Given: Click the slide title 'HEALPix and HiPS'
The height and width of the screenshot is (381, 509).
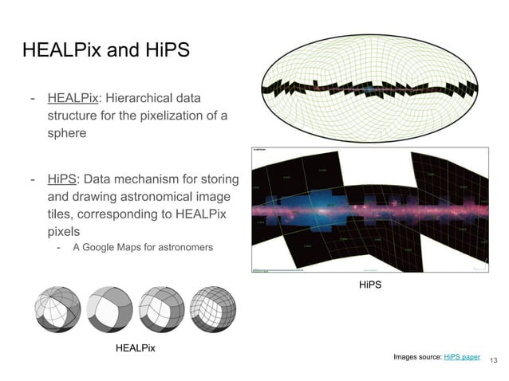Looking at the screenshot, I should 106,50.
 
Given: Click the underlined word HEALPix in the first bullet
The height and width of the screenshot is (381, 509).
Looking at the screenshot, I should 73,99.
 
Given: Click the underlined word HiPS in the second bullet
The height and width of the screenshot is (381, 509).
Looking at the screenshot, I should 61,178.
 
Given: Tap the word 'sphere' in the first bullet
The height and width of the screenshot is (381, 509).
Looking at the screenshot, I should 65,134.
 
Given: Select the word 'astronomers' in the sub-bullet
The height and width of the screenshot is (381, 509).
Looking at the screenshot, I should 185,247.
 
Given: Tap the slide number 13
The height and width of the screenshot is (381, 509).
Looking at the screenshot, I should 492,361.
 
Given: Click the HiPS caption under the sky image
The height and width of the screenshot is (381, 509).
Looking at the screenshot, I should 369,284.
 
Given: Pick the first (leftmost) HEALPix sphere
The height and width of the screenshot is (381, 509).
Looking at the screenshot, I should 59,310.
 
